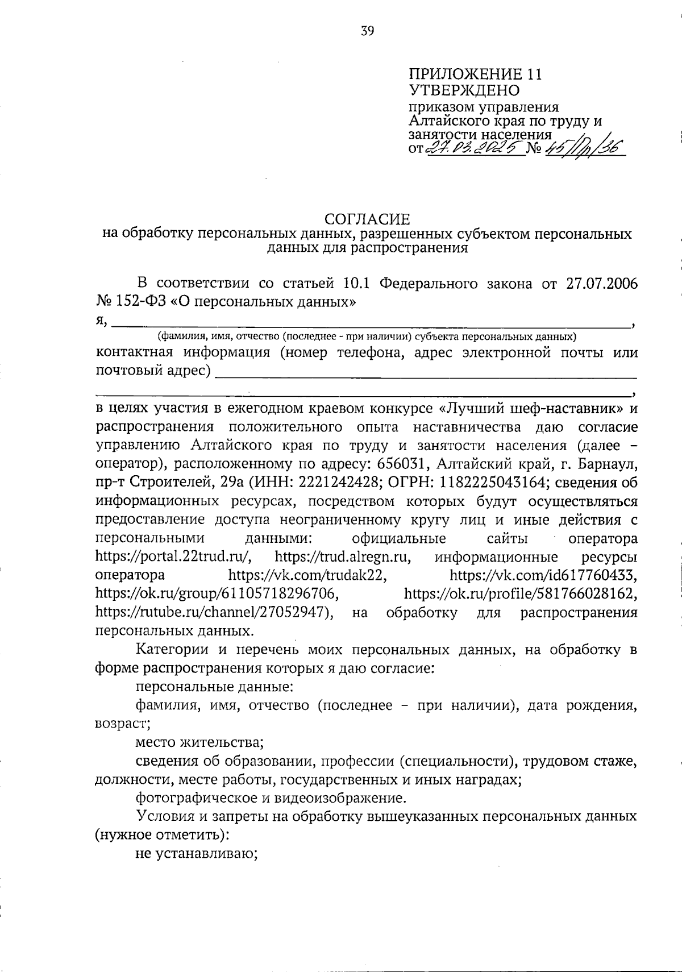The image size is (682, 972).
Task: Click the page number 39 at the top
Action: point(367,31)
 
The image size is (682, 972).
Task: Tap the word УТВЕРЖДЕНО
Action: point(464,90)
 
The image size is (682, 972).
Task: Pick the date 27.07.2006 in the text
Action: point(602,284)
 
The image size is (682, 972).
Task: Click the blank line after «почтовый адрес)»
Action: point(426,376)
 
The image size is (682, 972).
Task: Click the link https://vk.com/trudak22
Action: point(307,575)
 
